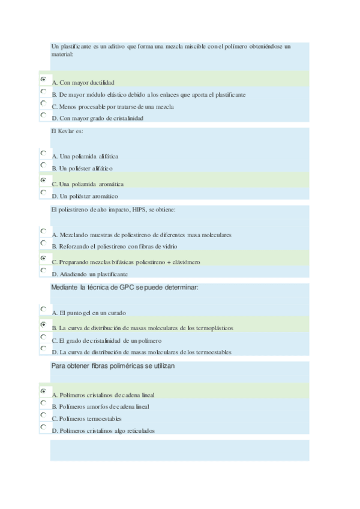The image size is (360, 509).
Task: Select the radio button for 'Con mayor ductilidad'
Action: [x=43, y=79]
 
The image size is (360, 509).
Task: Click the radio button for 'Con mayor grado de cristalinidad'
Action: [x=43, y=115]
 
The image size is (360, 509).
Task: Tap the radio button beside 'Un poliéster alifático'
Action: [x=43, y=165]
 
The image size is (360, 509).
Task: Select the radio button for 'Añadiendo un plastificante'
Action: [x=43, y=270]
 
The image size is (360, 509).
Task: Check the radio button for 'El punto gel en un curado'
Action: [x=43, y=309]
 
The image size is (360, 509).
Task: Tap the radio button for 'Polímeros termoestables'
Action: [x=43, y=415]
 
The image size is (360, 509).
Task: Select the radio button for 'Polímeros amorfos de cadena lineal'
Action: [x=43, y=403]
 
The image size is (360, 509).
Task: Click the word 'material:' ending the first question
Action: [x=62, y=54]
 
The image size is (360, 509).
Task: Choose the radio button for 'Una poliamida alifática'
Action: [x=43, y=153]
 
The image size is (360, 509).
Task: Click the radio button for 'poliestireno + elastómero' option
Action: [x=43, y=258]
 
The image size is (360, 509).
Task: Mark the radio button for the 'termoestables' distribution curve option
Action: [x=43, y=348]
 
